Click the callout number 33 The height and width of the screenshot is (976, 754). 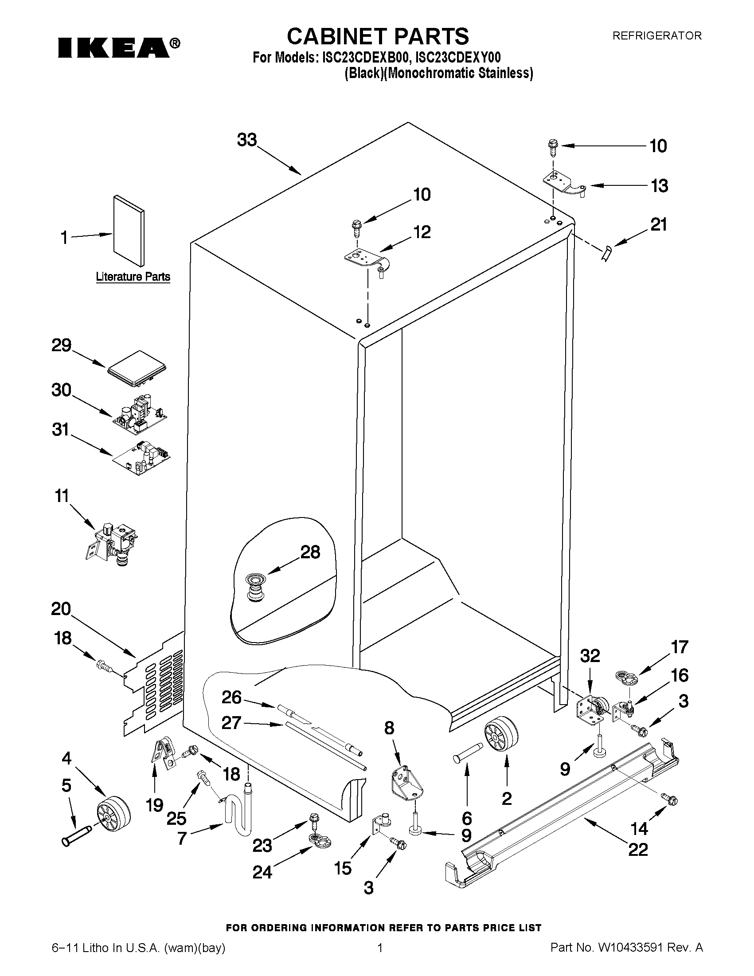point(247,140)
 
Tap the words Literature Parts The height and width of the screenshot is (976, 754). point(133,277)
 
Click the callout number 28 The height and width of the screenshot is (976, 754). point(310,553)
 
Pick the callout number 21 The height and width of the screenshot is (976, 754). point(658,224)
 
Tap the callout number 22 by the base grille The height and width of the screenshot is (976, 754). point(638,850)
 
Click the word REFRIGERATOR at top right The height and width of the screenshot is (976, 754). point(656,36)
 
